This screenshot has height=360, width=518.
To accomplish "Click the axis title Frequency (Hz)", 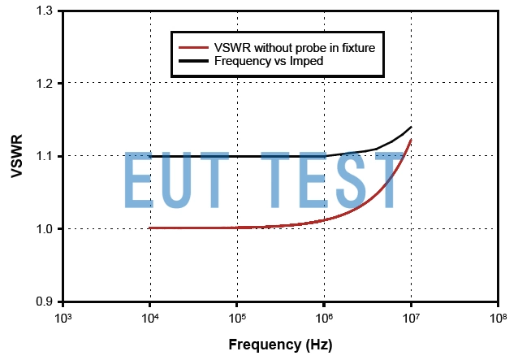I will pos(280,345).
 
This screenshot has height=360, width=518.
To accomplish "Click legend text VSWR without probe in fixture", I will pos(293,48).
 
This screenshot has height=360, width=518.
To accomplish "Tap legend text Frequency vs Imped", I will pos(267,60).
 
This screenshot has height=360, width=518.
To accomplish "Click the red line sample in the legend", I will pos(192,48).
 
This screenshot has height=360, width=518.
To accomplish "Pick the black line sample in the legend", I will pos(192,60).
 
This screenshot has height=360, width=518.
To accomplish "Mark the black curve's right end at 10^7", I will pos(411,127).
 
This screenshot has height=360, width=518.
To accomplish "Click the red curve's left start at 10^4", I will pos(150,228).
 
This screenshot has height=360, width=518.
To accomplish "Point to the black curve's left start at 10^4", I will pos(150,156).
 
